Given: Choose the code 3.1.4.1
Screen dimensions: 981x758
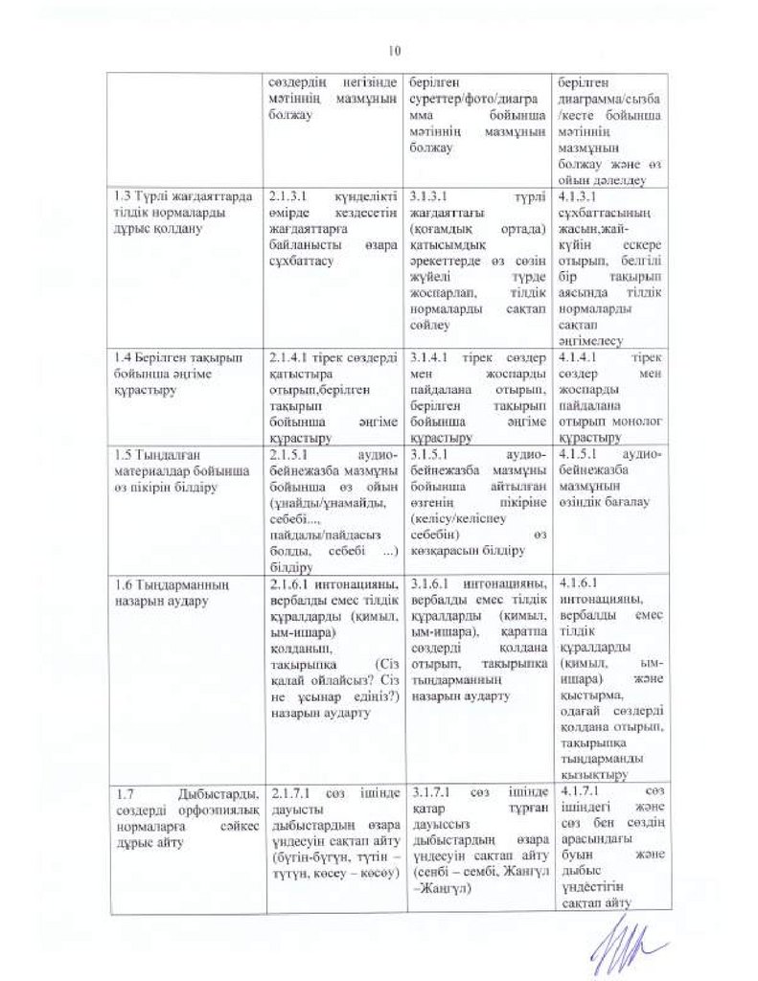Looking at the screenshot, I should coord(427,356).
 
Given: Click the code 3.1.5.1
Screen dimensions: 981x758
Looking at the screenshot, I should coord(427,450).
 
